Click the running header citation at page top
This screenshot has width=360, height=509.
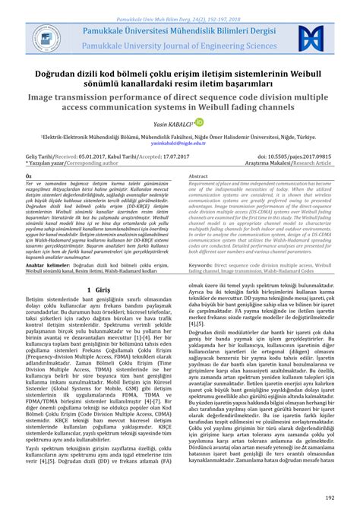point(180,5)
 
